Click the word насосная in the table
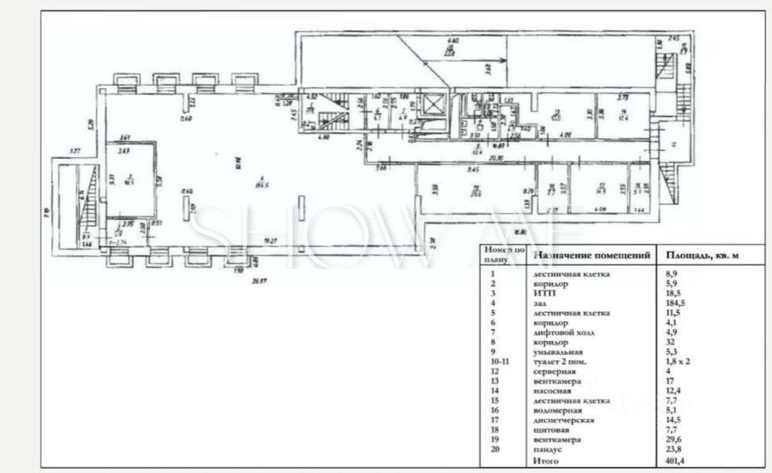(548, 391)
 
